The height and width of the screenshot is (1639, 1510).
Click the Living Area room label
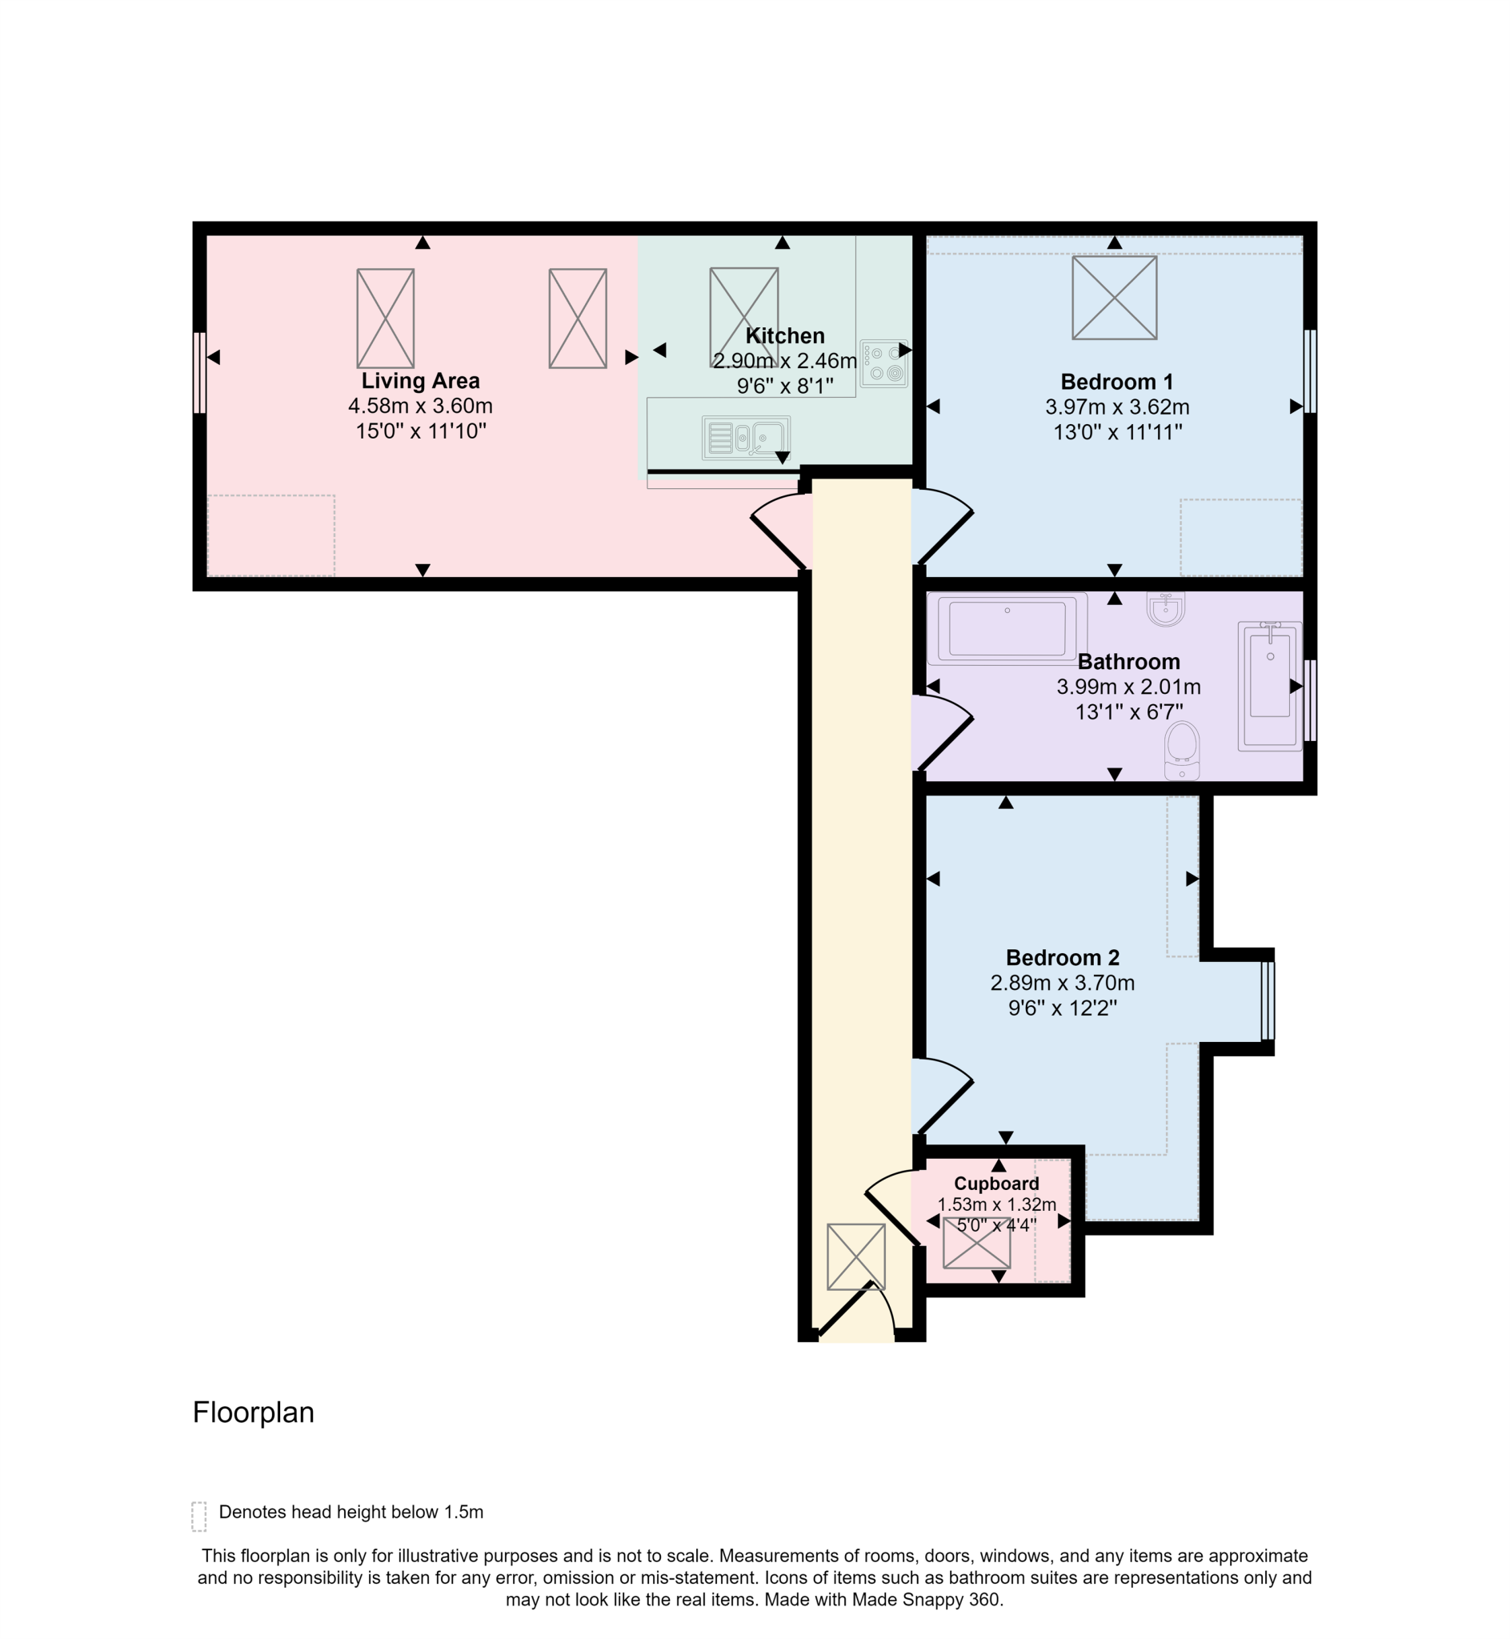coord(420,381)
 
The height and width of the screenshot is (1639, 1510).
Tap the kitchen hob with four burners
coord(883,363)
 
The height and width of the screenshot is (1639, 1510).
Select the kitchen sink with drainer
coord(745,438)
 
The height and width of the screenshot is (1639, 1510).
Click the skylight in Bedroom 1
coord(1114,298)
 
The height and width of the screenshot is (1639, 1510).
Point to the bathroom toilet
coord(1182,750)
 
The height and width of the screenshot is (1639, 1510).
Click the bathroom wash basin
coord(1165,609)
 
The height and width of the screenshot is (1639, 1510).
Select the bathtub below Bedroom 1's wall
coord(1006,627)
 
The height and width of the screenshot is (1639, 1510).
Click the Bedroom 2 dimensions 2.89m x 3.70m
coord(1061,983)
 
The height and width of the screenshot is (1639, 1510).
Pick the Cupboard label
coord(996,1183)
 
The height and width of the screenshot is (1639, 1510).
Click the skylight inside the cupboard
coord(976,1243)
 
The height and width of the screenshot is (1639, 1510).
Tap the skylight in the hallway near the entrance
coord(855,1256)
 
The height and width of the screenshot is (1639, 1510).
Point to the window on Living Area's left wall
coord(198,373)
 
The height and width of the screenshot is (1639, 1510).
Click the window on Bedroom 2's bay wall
coord(1268,1001)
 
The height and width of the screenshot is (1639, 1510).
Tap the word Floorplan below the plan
coord(254,1413)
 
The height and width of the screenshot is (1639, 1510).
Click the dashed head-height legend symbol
coord(198,1517)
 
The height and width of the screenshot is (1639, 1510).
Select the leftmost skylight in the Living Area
coord(386,319)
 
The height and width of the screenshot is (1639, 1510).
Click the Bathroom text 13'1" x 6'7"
coord(1128,711)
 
